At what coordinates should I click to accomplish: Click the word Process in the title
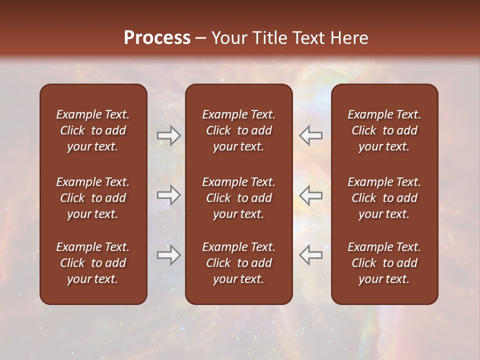coord(157,38)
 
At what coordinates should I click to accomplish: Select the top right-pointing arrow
coord(169,135)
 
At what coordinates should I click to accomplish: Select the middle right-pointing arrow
coord(169,195)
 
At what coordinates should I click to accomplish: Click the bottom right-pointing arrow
coord(169,255)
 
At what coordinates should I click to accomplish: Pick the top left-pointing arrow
coord(310,135)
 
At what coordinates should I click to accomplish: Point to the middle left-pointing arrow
coord(310,195)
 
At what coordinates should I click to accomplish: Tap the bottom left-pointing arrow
coord(310,255)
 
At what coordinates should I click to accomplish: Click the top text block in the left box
coord(93,130)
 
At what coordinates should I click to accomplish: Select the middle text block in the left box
coord(93,198)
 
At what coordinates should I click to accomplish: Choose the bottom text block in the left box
coord(93,263)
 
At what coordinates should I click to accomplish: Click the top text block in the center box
coord(238,130)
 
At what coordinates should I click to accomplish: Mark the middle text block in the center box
coord(238,198)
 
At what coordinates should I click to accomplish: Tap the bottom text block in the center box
coord(238,263)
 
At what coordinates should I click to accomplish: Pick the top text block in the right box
coord(384,130)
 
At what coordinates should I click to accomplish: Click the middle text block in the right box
coord(384,198)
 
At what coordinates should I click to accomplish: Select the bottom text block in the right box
coord(384,263)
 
